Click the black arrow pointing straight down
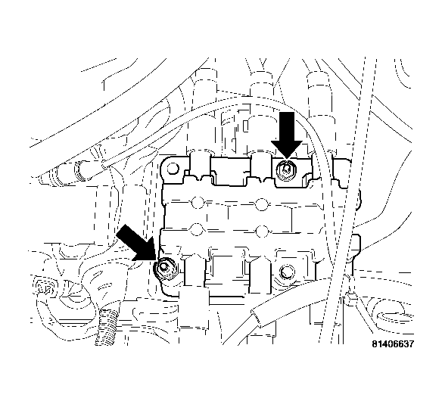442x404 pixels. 287,134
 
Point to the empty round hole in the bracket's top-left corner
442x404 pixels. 173,173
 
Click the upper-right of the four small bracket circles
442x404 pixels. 261,203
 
